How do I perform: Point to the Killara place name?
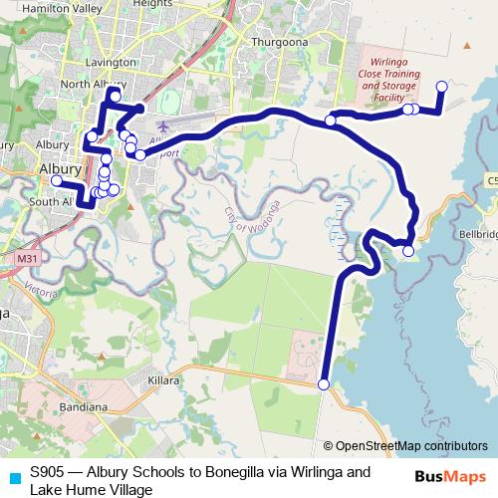(163, 381)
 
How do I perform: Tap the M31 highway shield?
(30, 258)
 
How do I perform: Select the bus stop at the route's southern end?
(323, 384)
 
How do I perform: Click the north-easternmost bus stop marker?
(442, 87)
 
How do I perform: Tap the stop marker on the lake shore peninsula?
(407, 252)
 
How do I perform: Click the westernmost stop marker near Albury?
(57, 181)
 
